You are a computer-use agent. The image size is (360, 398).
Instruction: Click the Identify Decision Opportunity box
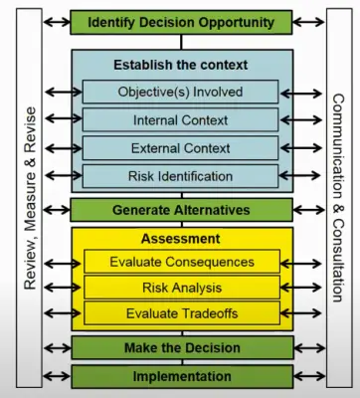[x=181, y=21]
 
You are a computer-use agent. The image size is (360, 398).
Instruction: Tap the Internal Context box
[x=181, y=120]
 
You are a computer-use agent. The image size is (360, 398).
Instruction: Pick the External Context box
[x=181, y=148]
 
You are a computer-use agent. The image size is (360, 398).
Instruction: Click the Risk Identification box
[x=181, y=176]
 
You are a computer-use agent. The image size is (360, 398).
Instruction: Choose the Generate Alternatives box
[x=181, y=210]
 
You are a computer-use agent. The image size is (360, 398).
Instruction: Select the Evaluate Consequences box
[x=181, y=263]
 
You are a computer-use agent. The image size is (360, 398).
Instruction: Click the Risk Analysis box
[x=181, y=288]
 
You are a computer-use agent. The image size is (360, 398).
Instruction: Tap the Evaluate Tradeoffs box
[x=181, y=312]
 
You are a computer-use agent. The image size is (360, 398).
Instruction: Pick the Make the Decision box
[x=181, y=347]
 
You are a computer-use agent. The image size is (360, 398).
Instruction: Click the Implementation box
[x=181, y=377]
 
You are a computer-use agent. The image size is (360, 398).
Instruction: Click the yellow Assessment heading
[x=181, y=239]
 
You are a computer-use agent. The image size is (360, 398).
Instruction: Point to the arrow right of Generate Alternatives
[x=308, y=210]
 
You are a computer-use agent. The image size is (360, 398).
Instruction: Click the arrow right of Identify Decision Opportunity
[x=308, y=21]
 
